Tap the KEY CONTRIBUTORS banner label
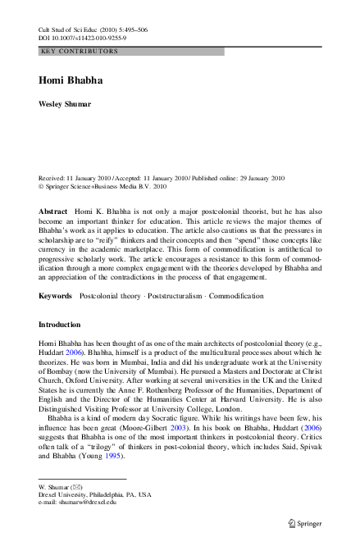(79, 51)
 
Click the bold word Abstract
(53, 211)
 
